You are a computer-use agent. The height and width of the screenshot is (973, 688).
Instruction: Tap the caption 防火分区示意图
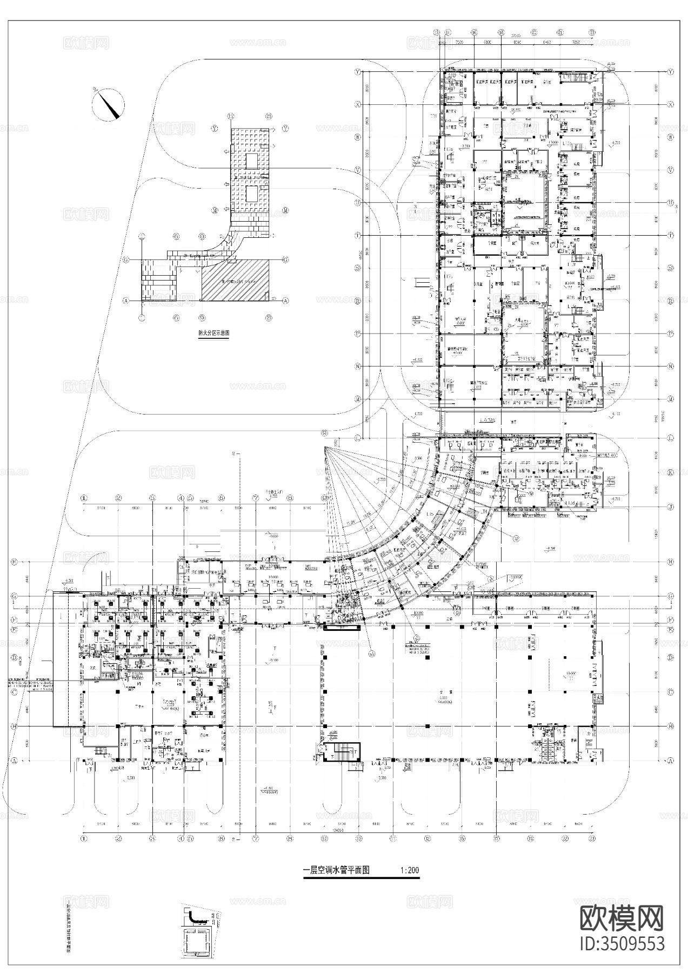[x=213, y=334]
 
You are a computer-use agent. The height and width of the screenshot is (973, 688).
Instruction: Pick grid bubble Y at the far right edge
[x=671, y=71]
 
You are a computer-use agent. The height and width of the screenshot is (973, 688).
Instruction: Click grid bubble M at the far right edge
[x=671, y=399]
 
